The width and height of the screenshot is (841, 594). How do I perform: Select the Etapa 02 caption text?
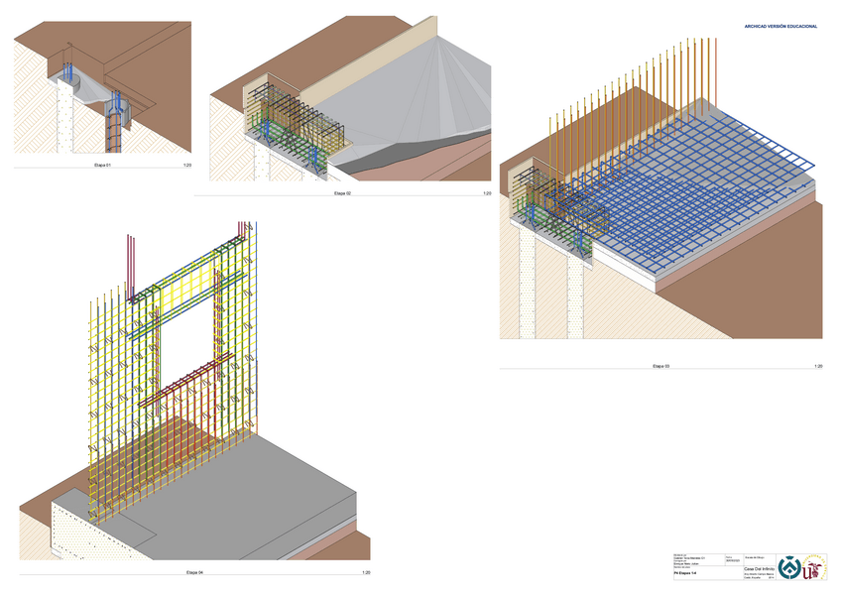coord(343,193)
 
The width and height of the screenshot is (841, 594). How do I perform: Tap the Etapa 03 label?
coord(661,367)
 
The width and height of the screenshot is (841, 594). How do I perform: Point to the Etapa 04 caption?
coord(194,573)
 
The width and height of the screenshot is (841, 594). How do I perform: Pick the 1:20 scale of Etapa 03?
coord(818,367)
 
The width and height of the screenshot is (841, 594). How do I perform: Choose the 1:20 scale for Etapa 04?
coord(365,573)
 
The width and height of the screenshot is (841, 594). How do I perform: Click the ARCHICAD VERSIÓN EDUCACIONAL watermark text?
coord(781,26)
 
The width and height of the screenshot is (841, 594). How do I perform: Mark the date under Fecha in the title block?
coord(732,561)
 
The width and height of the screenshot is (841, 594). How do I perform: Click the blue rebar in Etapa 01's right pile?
coord(116,105)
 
